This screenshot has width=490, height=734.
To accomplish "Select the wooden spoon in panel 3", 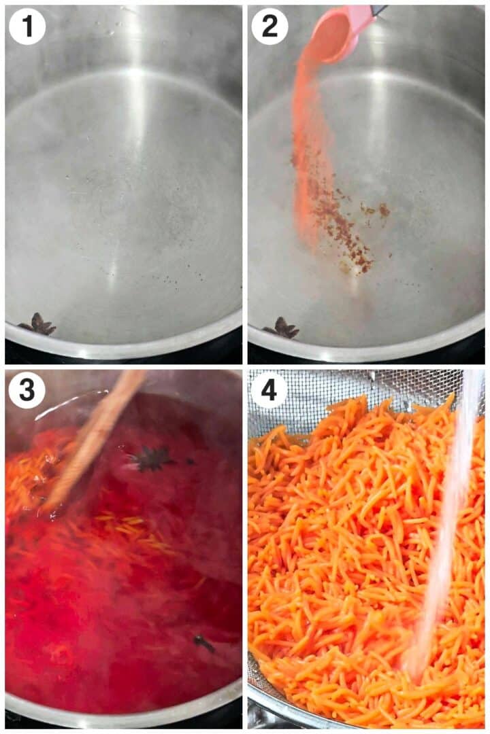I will pyautogui.click(x=95, y=435).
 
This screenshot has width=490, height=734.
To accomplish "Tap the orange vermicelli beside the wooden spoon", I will pyautogui.click(x=27, y=476).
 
